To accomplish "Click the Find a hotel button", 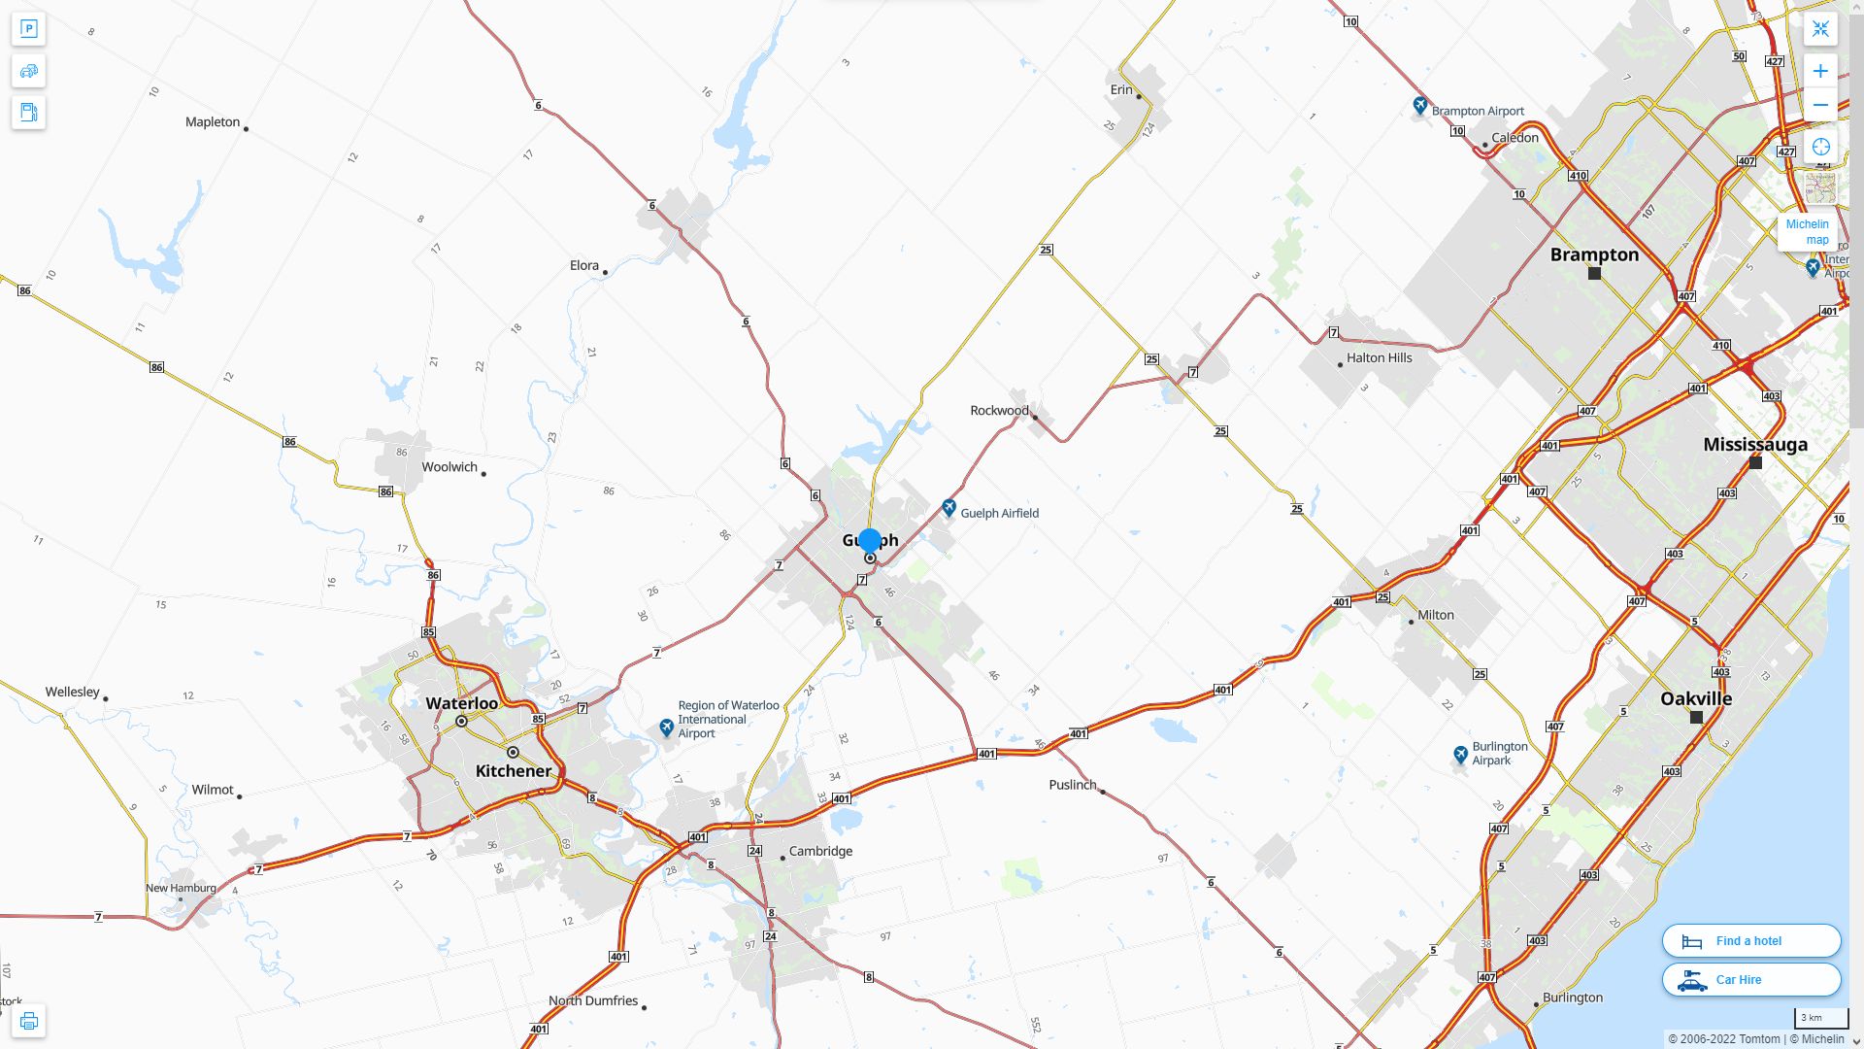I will [1750, 940].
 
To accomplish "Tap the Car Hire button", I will [1750, 979].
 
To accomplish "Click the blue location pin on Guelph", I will [870, 541].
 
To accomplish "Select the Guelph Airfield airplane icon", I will [949, 508].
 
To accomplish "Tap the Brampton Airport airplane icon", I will [1420, 105].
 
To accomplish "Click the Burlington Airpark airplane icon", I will [1460, 754].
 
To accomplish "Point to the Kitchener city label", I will [514, 771].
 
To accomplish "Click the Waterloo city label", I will [462, 703].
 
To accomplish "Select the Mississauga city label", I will [1755, 445].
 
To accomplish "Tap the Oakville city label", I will [1696, 699].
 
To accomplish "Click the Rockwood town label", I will [999, 411].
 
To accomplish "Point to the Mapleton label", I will [213, 122].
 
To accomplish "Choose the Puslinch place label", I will [1073, 785].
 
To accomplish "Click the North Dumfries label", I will [593, 1001].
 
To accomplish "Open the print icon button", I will [29, 1021].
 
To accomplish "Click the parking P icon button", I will [29, 29].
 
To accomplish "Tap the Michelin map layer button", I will [1807, 231].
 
